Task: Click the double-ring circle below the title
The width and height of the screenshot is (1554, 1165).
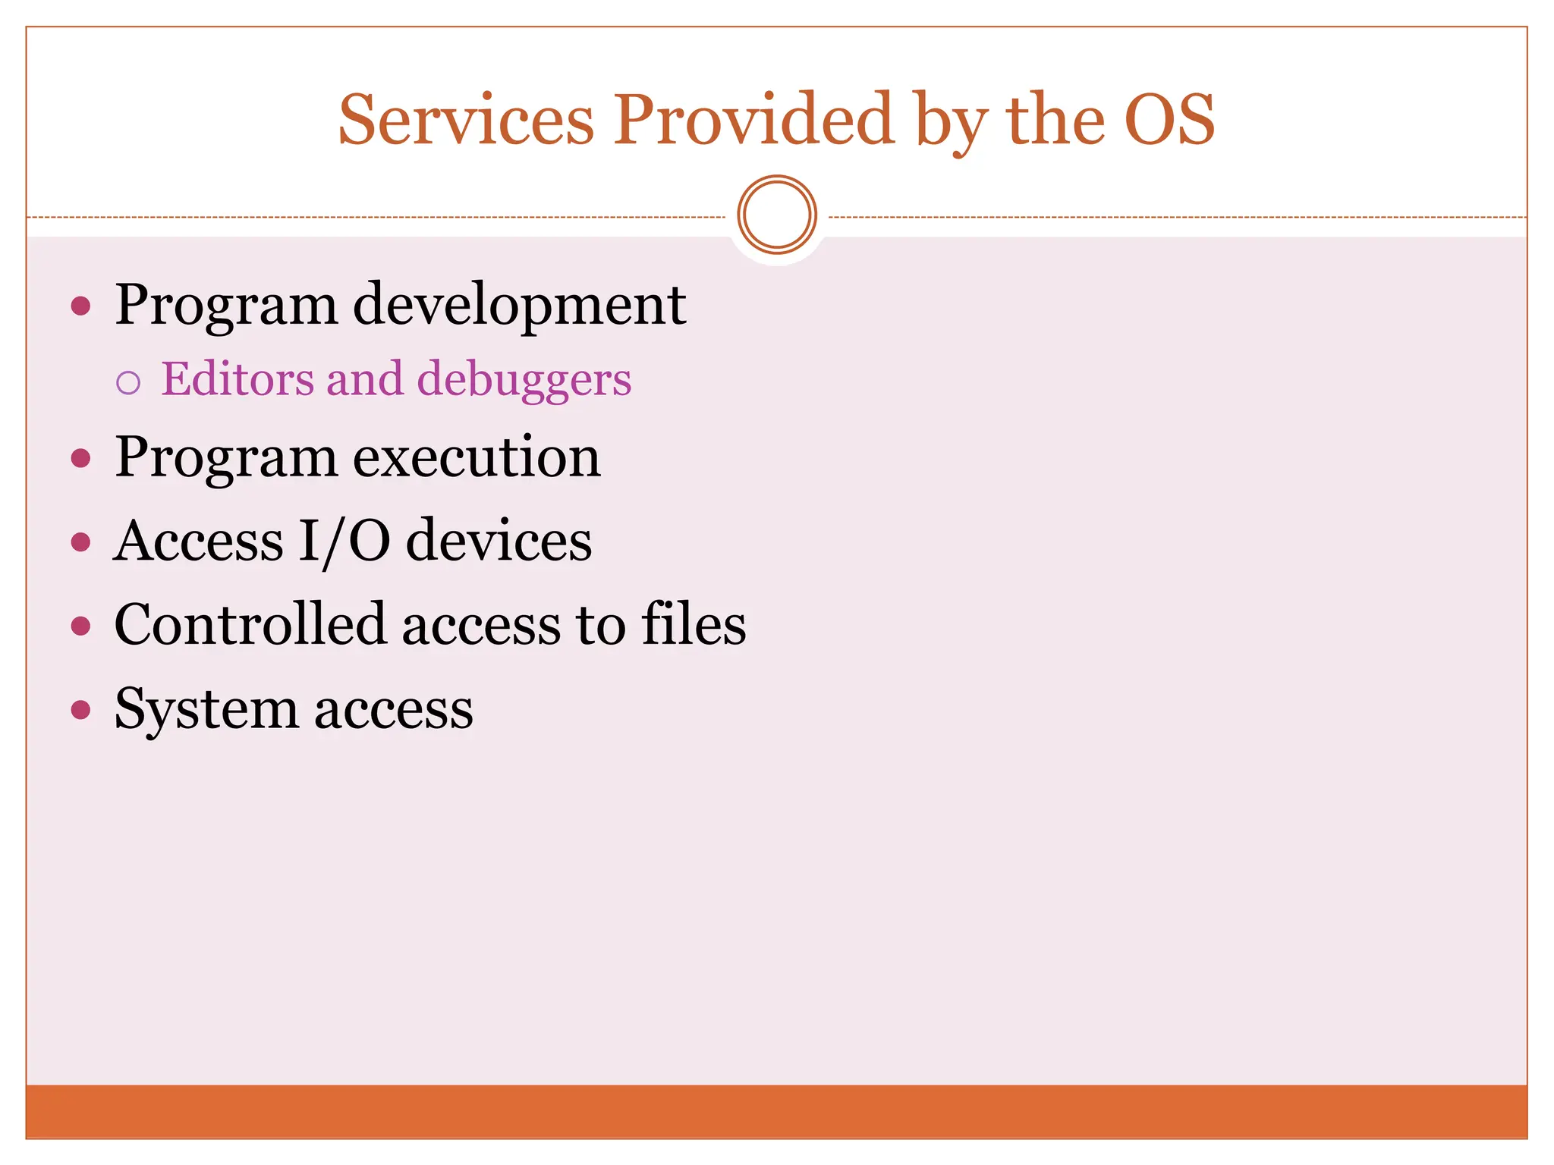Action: pyautogui.click(x=776, y=215)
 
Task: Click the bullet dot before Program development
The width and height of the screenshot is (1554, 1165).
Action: pyautogui.click(x=80, y=306)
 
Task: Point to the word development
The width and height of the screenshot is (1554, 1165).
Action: pyautogui.click(x=520, y=305)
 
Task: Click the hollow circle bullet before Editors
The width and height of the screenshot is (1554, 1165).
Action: pyautogui.click(x=129, y=382)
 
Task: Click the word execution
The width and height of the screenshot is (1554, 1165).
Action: pyautogui.click(x=477, y=457)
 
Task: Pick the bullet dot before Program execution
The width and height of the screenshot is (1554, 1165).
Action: pyautogui.click(x=80, y=458)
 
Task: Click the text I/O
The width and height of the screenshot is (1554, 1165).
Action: pyautogui.click(x=344, y=542)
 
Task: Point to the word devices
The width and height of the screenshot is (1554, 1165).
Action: pyautogui.click(x=499, y=542)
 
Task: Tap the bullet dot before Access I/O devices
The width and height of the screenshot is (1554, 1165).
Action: pyautogui.click(x=80, y=542)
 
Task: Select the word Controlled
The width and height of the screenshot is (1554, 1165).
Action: pyautogui.click(x=250, y=625)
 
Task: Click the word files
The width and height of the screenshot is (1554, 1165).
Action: pyautogui.click(x=694, y=625)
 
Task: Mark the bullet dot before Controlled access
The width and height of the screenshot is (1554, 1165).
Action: pyautogui.click(x=80, y=626)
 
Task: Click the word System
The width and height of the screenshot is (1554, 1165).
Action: pyautogui.click(x=206, y=711)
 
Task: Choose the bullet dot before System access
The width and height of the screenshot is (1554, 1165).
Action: pyautogui.click(x=80, y=711)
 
